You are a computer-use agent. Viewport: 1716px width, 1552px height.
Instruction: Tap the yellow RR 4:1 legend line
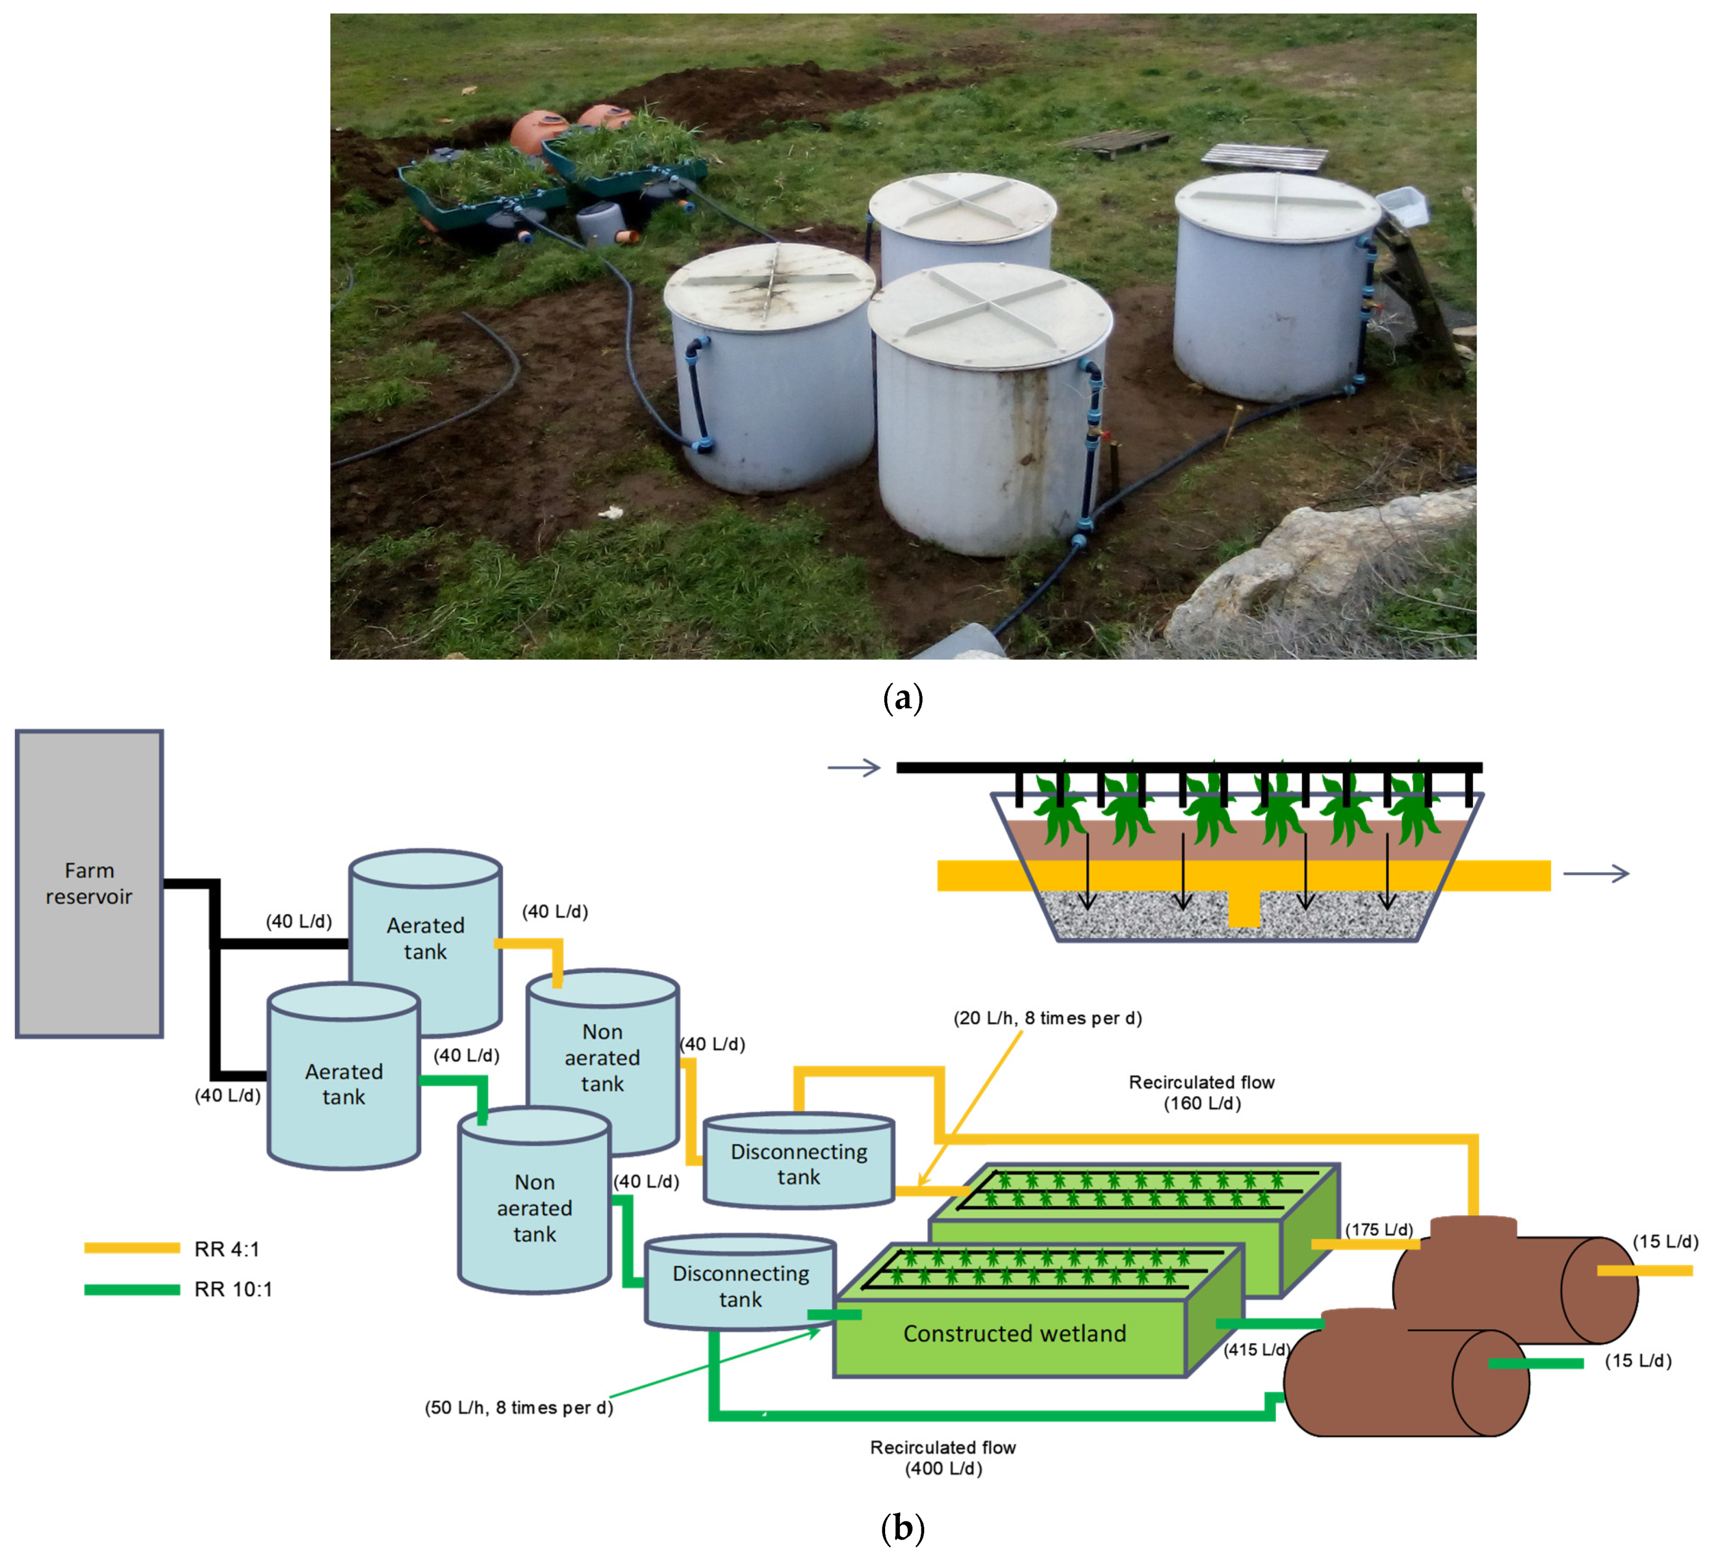pos(132,1248)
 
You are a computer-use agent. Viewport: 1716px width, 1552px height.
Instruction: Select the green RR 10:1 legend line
pos(132,1289)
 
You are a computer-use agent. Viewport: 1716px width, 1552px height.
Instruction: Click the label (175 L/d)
pos(1379,1230)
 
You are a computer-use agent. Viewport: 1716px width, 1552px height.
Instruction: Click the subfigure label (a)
pos(903,698)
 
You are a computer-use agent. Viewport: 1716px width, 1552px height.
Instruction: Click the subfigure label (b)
pos(903,1528)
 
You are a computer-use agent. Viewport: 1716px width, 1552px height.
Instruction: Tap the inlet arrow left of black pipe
pos(854,768)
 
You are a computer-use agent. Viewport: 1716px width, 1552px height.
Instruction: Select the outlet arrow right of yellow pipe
pos(1596,873)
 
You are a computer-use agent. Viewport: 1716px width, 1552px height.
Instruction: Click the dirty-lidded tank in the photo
pos(770,366)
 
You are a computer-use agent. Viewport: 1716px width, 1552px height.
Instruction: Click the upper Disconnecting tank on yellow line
pos(798,1163)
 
